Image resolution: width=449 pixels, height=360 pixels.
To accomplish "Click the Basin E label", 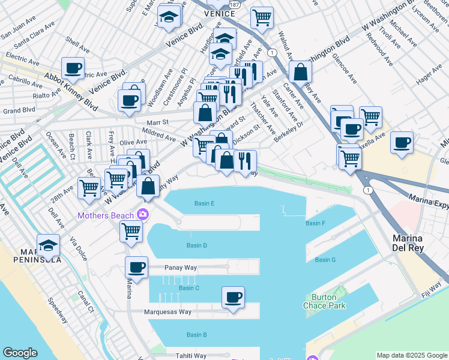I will (204, 203).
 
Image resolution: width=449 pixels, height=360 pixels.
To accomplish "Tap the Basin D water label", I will (196, 245).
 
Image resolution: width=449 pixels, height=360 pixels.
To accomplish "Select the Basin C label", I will (188, 288).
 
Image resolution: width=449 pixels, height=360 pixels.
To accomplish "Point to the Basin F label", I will (315, 223).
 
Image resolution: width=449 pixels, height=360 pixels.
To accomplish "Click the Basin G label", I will (325, 260).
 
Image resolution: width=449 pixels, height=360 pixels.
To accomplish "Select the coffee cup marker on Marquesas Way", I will (233, 296).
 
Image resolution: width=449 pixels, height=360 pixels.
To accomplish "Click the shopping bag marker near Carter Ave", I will (300, 72).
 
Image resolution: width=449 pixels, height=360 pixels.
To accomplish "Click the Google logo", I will (20, 353).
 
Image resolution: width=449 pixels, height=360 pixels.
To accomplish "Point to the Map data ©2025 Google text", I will (411, 355).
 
